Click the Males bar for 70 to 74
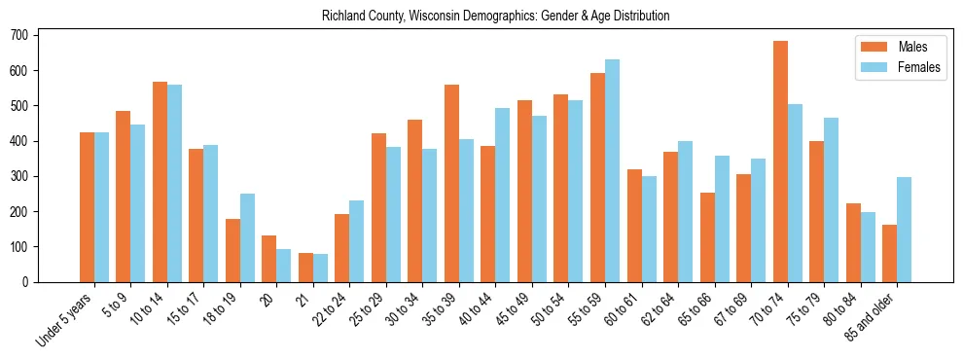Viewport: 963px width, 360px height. tap(780, 162)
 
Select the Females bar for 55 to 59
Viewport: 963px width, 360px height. tap(612, 170)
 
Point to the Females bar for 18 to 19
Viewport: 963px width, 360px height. tap(247, 237)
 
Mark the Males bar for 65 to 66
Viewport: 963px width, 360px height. tap(707, 237)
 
